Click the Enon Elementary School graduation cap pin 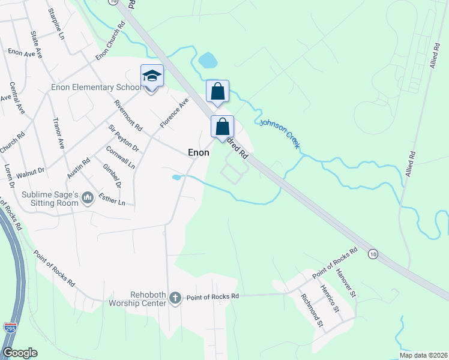(152, 76)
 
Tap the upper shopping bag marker (217, 92)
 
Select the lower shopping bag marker (222, 127)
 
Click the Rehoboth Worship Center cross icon (175, 298)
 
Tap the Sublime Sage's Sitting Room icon (88, 197)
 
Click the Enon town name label (199, 153)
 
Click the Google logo (20, 353)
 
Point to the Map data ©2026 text (423, 355)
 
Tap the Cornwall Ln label (120, 157)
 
